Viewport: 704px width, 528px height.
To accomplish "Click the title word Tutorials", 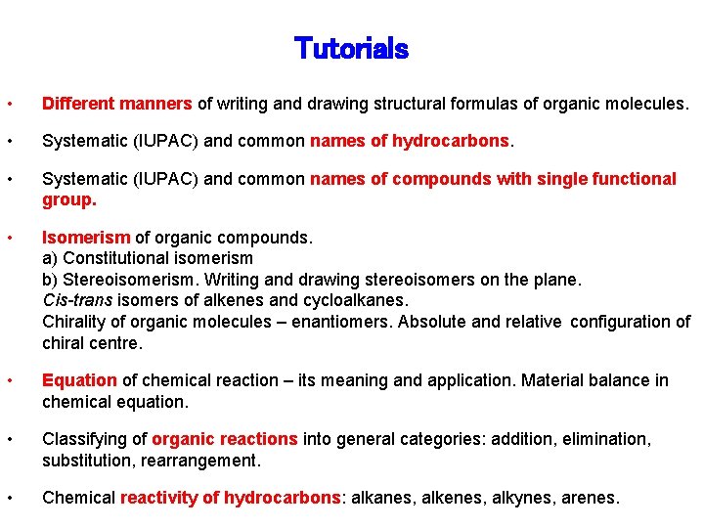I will [351, 48].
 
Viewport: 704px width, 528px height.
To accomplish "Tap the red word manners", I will [157, 103].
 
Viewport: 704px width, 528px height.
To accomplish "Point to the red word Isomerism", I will [86, 238].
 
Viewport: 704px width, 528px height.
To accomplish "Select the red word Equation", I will [80, 380].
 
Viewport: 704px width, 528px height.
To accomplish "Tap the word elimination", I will [612, 439].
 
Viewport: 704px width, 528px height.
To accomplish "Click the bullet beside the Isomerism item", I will [9, 238].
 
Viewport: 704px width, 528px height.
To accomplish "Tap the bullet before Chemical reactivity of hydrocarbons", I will [9, 498].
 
